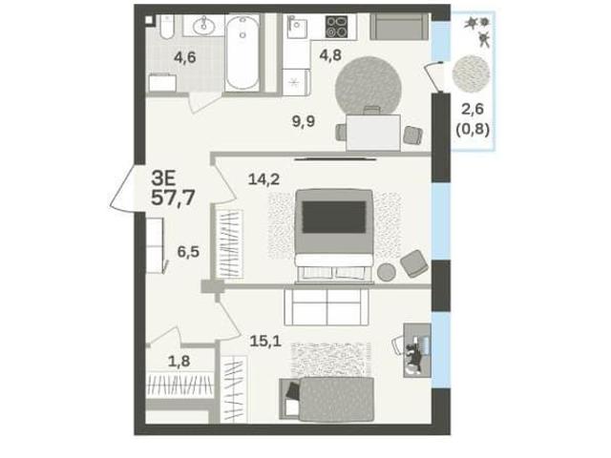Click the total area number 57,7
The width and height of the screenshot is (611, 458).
point(173,198)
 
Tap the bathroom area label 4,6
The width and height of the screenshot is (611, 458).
point(184,57)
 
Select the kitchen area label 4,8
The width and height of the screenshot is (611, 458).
point(330,55)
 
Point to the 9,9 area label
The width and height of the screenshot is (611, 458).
point(304,121)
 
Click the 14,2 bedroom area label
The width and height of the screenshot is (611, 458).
point(264,179)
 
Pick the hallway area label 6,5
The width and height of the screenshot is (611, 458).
point(188,252)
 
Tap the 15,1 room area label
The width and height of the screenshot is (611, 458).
point(265,342)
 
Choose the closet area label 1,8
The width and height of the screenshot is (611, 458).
point(179,362)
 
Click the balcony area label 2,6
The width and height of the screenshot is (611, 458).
point(473,110)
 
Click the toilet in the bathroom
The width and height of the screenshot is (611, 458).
point(167,27)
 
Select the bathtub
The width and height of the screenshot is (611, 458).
point(242,52)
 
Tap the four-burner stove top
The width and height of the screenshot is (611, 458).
point(336,27)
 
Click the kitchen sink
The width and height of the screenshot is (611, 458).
point(297,26)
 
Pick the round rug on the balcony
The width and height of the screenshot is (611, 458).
point(471,74)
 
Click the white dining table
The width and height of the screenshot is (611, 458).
point(373,133)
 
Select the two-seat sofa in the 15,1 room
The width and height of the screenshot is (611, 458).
point(327,306)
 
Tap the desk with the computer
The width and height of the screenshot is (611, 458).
point(417,350)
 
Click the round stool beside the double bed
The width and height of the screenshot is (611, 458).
point(387,272)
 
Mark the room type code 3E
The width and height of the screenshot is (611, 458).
point(163,179)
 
